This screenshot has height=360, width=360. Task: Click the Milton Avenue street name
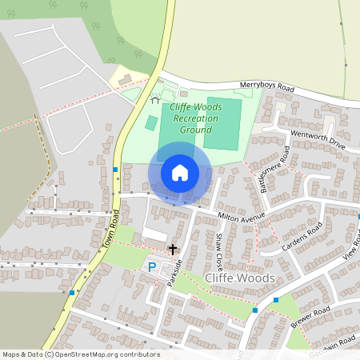click(x=241, y=216)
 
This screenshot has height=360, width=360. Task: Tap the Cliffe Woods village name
click(x=239, y=278)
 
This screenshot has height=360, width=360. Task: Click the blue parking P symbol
click(x=152, y=266)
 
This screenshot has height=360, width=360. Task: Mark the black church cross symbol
click(x=172, y=250)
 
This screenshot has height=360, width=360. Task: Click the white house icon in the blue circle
click(x=180, y=173)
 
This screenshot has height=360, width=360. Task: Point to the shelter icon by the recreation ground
click(x=155, y=100)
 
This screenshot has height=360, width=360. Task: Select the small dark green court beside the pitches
click(x=151, y=123)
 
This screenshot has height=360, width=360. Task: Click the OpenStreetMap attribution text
click(x=80, y=354)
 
